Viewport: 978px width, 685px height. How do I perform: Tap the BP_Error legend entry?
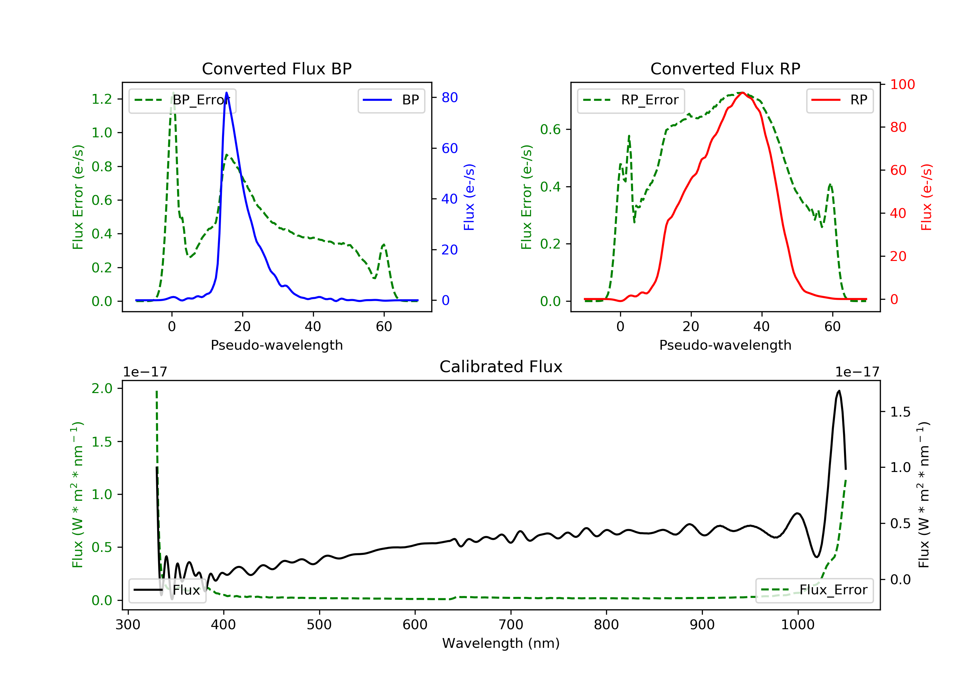(182, 100)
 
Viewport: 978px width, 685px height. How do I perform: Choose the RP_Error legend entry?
(631, 100)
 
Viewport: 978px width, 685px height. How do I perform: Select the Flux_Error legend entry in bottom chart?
(814, 590)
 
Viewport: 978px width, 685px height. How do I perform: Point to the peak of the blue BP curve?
(226, 93)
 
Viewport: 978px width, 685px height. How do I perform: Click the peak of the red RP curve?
(742, 93)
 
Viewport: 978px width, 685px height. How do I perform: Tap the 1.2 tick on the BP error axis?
(102, 99)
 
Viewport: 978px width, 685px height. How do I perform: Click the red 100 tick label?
(902, 84)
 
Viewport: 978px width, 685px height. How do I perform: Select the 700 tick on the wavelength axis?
(511, 625)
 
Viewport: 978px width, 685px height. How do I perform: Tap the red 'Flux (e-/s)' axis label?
(926, 197)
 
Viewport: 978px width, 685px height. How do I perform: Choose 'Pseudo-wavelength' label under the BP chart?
(276, 345)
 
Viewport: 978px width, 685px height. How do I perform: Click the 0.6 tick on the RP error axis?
(550, 129)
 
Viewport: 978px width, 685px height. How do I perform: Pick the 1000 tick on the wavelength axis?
(797, 625)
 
